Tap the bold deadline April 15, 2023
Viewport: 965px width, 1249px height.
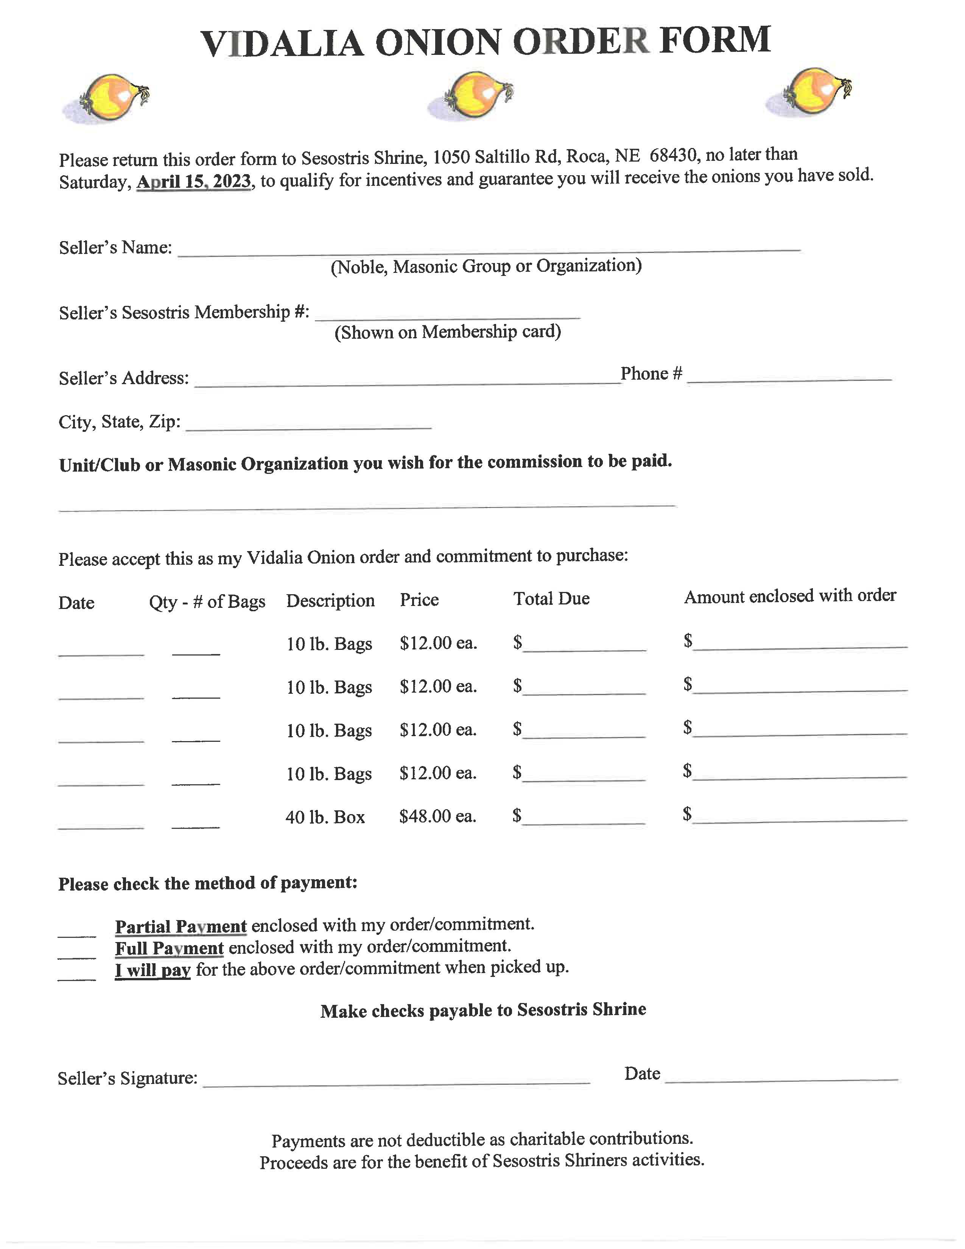click(194, 181)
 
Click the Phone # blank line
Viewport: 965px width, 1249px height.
click(789, 378)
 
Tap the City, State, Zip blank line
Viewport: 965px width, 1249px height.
click(309, 427)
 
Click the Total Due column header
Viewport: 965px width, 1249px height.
click(551, 599)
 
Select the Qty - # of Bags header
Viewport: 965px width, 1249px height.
click(207, 602)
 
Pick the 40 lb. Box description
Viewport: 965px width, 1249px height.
click(325, 817)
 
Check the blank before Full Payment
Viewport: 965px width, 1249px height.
click(76, 956)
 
